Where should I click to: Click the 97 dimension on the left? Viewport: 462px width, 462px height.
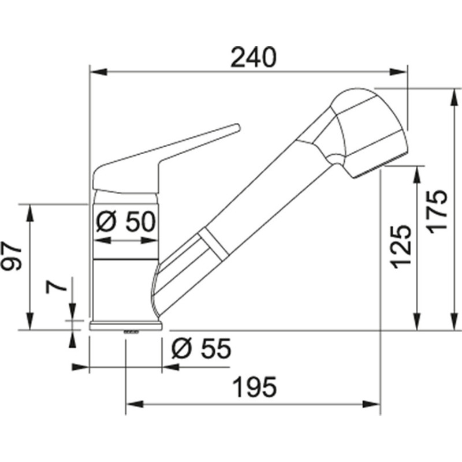(x=13, y=257)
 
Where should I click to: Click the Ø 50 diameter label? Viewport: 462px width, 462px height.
(x=125, y=221)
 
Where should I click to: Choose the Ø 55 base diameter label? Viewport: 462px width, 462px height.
(x=202, y=348)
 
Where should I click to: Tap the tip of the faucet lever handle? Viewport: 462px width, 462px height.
(x=236, y=127)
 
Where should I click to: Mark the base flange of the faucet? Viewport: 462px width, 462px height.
(x=126, y=326)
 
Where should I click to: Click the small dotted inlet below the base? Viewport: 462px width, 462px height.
(x=132, y=332)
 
